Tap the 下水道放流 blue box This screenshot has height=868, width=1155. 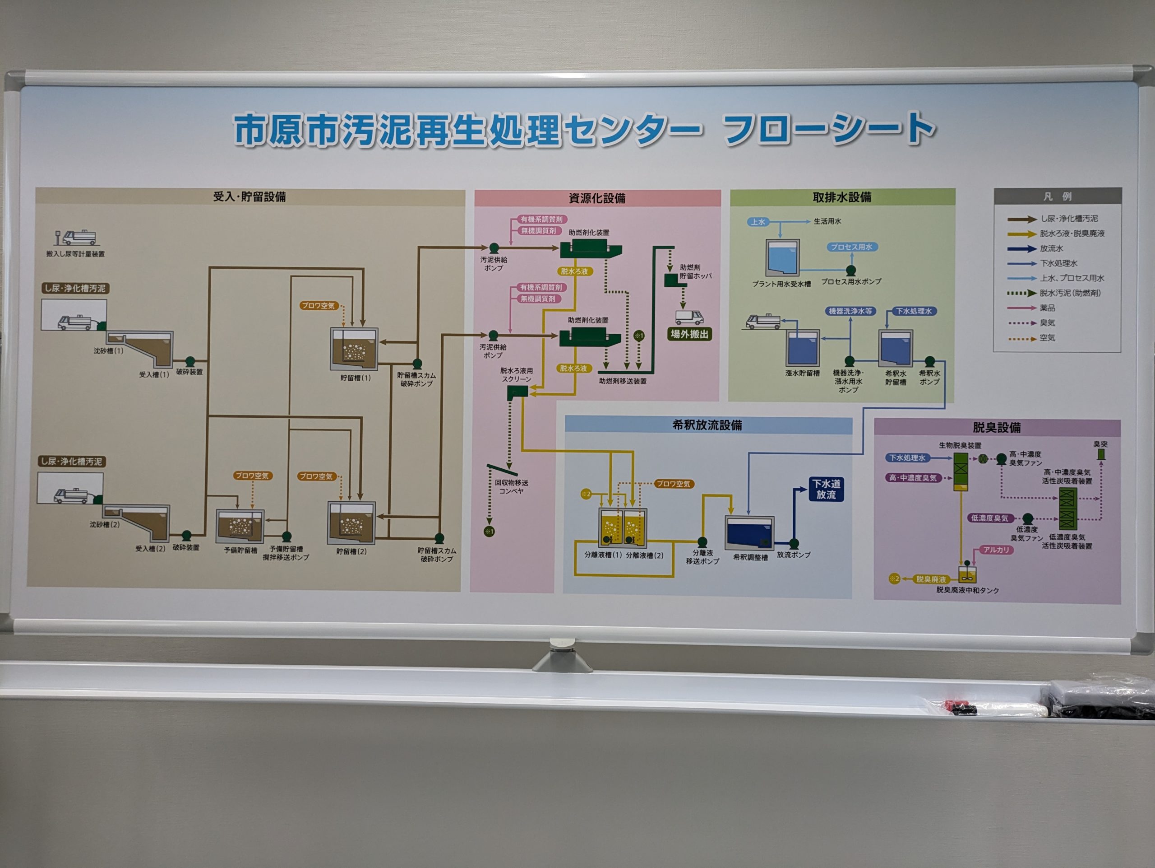pos(826,489)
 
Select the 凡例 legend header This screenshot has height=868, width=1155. pos(1058,196)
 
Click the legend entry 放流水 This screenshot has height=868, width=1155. pos(1051,249)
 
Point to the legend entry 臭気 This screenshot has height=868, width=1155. pos(1047,323)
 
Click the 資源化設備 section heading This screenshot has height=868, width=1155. pos(597,199)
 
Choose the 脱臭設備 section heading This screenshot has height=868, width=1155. pos(996,428)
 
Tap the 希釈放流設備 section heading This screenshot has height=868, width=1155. pos(707,425)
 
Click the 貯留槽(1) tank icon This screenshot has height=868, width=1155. pos(354,349)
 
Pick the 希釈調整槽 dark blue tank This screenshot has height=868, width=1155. pos(749,533)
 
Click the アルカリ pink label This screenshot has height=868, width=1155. pos(996,550)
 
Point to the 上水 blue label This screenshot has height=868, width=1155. pos(758,222)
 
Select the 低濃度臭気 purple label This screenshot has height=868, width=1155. pos(990,518)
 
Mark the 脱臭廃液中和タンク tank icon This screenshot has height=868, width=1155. pos(968,574)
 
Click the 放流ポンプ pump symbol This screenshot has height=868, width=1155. pos(794,543)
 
